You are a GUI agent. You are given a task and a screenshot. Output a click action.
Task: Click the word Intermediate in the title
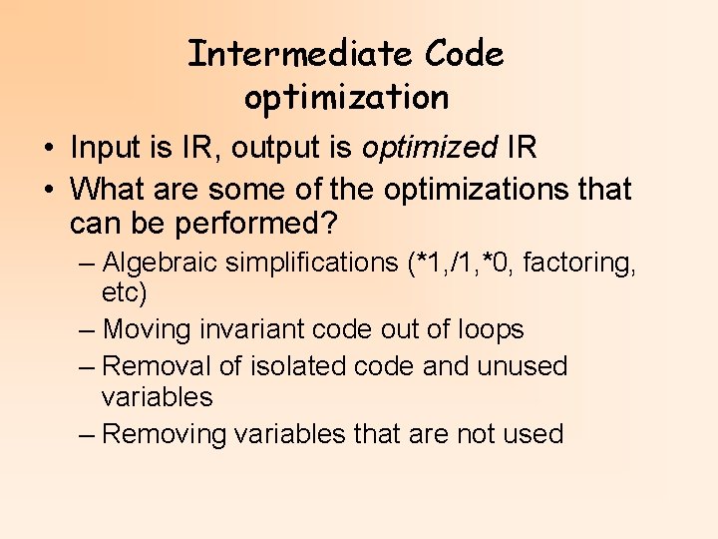[x=301, y=53]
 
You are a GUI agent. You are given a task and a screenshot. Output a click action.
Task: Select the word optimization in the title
[x=346, y=98]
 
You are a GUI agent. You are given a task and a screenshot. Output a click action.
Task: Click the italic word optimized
[x=430, y=149]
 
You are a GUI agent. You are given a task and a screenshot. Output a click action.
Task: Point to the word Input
[x=103, y=149]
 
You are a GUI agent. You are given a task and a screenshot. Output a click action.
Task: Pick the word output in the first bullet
[x=277, y=149]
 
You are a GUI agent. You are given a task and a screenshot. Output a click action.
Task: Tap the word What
[x=109, y=188]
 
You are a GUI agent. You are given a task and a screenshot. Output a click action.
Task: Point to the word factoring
[x=578, y=263]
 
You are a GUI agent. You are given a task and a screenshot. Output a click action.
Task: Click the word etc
[x=124, y=292]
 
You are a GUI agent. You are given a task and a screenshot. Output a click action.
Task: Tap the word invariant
[x=247, y=328]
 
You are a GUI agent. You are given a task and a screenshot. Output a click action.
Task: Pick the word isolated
[x=292, y=366]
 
